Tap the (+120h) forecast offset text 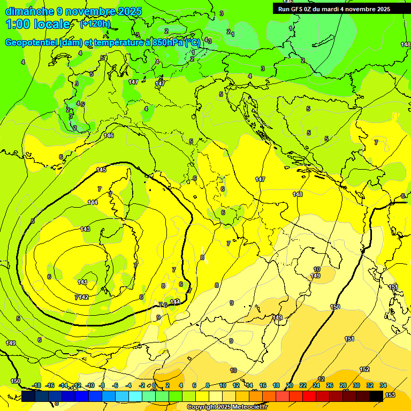[95, 24]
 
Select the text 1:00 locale [39, 24]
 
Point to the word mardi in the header [329, 9]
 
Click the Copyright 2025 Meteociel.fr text [226, 407]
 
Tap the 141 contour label [82, 282]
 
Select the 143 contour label [85, 229]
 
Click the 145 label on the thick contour [101, 170]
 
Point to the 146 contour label [109, 135]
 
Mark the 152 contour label [364, 369]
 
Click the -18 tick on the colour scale [36, 385]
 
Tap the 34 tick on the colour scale [383, 385]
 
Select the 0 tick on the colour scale [155, 385]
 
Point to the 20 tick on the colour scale [290, 385]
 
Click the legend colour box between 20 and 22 [296, 395]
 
